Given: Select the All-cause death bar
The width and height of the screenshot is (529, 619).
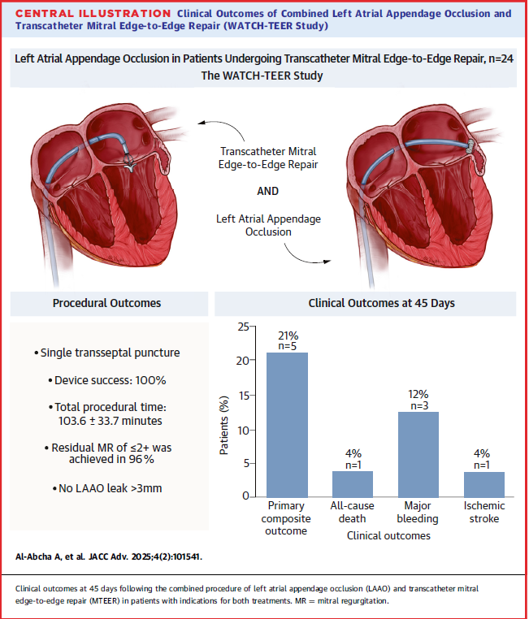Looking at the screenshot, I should tap(352, 484).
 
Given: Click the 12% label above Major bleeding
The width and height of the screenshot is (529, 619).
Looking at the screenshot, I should tap(418, 393).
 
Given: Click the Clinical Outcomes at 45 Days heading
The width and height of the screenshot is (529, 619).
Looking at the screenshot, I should tap(365, 304).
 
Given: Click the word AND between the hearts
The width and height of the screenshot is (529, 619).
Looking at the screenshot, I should tap(267, 192).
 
